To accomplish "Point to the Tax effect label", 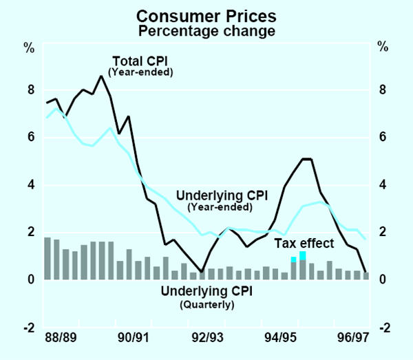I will click(x=304, y=243).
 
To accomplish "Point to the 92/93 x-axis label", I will click(x=207, y=339).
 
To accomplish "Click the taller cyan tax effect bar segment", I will click(x=303, y=255).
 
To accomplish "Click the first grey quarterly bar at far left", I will click(x=47, y=258).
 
